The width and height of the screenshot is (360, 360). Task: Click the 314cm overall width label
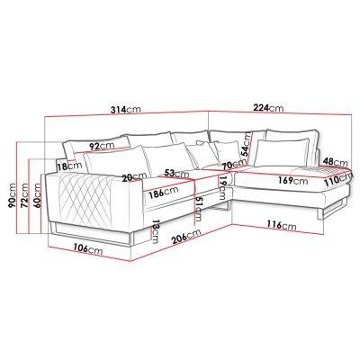[125, 110]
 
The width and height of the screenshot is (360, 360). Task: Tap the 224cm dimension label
[268, 107]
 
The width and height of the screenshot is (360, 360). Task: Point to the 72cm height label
[24, 195]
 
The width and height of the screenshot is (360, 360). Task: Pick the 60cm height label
[37, 195]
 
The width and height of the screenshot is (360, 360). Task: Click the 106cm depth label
[88, 249]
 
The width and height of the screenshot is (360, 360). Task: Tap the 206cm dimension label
[186, 237]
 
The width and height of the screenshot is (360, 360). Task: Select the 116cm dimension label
[282, 225]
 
